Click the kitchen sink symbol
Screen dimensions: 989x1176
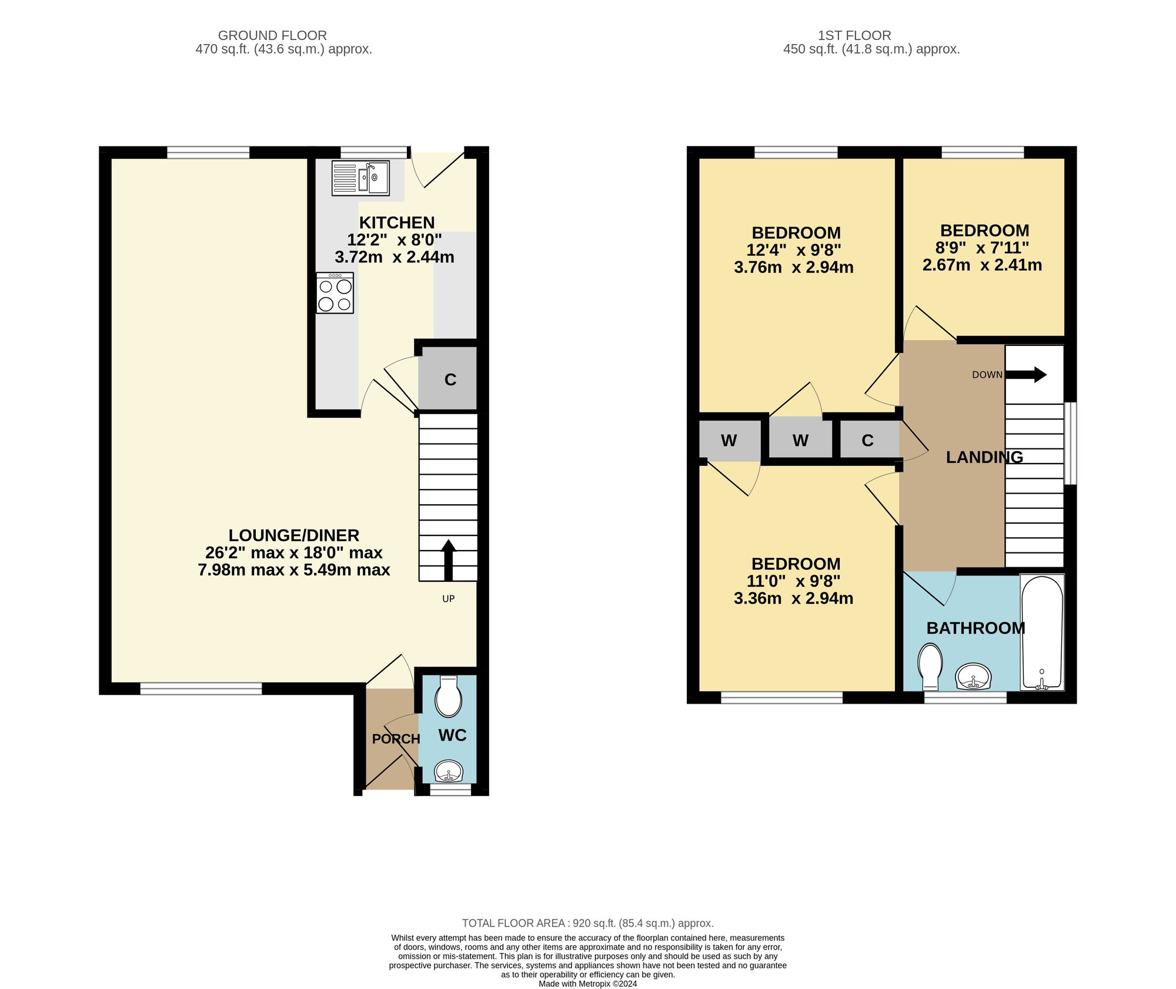[x=360, y=178]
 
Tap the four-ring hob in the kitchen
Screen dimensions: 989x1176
[x=335, y=293]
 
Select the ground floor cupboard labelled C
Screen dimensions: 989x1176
[x=450, y=379]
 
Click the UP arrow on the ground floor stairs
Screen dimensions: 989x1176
[x=448, y=559]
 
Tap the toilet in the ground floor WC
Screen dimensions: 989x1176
[x=448, y=696]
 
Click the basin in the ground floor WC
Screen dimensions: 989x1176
[x=449, y=771]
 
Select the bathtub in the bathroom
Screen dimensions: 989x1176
[x=1042, y=632]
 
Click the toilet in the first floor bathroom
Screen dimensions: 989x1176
[x=930, y=667]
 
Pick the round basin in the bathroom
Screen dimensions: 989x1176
[x=973, y=677]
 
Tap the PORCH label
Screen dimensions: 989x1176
[x=396, y=739]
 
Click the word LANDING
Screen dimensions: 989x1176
[x=984, y=457]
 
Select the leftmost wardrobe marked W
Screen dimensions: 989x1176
[x=729, y=440]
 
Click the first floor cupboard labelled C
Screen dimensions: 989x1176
[x=868, y=440]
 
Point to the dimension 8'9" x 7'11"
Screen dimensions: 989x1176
[x=982, y=248]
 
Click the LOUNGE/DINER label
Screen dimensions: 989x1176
[x=293, y=535]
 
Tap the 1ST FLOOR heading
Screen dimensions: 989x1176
[x=854, y=35]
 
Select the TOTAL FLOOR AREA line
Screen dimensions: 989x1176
[x=587, y=923]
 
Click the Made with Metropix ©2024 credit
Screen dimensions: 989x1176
[x=587, y=984]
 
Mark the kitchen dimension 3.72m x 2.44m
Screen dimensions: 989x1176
[x=394, y=257]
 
